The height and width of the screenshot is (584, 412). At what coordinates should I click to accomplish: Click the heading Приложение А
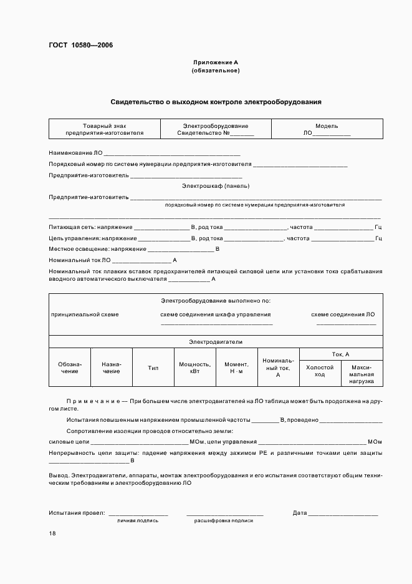[x=215, y=62]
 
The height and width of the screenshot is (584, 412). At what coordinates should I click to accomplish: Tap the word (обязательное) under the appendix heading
[x=215, y=71]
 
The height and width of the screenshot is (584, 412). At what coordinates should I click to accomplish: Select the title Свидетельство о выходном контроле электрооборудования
[x=216, y=101]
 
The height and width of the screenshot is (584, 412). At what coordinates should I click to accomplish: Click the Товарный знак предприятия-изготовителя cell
[x=104, y=129]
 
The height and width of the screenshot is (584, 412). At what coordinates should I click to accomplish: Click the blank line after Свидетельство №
[x=242, y=134]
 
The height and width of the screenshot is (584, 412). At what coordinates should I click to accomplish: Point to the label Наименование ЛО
[x=75, y=153]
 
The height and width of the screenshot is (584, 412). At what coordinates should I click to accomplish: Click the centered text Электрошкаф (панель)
[x=215, y=186]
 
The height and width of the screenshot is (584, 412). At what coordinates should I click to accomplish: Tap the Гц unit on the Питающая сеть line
[x=378, y=227]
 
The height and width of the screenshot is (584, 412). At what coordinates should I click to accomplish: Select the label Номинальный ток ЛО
[x=80, y=260]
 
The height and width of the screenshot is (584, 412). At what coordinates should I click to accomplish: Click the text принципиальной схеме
[x=85, y=314]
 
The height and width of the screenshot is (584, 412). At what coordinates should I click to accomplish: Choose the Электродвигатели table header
[x=216, y=342]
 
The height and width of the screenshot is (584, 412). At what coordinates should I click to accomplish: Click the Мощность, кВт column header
[x=194, y=367]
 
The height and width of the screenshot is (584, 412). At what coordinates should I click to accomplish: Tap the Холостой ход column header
[x=320, y=371]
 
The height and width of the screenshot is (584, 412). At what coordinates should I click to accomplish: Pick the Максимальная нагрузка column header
[x=362, y=374]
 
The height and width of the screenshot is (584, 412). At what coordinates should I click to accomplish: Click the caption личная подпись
[x=138, y=520]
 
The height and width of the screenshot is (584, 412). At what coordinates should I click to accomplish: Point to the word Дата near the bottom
[x=300, y=513]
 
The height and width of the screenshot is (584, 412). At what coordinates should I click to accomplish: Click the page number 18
[x=52, y=533]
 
